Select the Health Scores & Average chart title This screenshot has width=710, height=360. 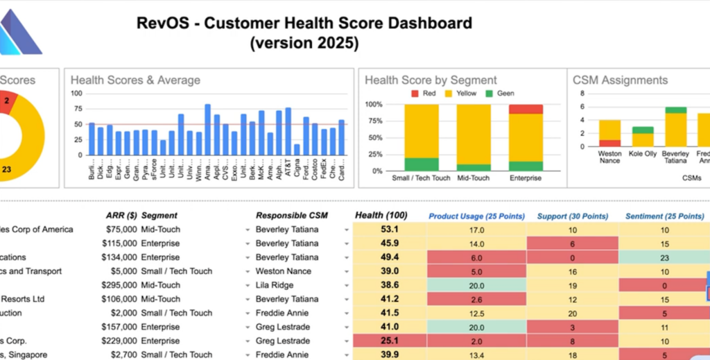(x=135, y=80)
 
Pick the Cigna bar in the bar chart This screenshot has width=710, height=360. (x=297, y=148)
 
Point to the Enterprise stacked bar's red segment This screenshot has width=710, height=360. (x=526, y=109)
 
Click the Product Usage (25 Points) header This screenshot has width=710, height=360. (x=476, y=216)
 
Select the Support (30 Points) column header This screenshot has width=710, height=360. (x=572, y=216)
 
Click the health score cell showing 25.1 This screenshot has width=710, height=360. (x=389, y=341)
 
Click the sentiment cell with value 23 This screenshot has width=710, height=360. (x=664, y=257)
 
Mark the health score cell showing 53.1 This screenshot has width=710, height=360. (x=389, y=230)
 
